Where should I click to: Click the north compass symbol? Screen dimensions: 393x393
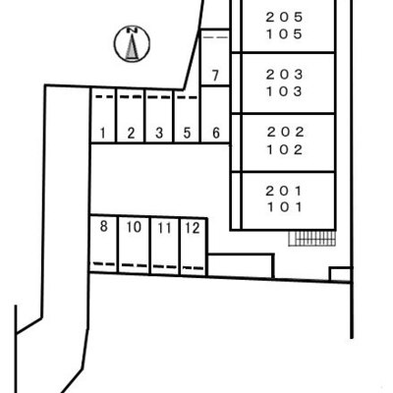pos(132,43)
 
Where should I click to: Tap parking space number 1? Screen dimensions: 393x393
pos(103,116)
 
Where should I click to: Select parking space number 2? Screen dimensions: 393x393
pos(131,116)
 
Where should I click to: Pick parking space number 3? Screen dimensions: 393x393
pos(159,116)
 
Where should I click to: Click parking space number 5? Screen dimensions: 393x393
pos(187,116)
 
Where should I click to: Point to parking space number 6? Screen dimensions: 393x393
pos(215,115)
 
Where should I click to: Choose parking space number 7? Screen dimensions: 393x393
pos(215,58)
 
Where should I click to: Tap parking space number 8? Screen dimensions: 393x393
pos(103,244)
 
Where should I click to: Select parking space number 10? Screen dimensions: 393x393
pos(134,245)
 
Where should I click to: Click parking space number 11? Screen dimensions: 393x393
pos(165,246)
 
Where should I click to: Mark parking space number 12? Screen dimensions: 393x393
pos(194,247)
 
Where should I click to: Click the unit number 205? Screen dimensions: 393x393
pos(284,17)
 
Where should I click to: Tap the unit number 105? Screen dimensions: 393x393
pos(284,34)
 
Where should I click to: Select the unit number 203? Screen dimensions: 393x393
pos(284,75)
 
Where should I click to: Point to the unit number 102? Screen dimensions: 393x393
pos(285,149)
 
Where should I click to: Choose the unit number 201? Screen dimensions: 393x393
pos(284,191)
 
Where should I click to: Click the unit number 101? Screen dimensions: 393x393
pos(284,207)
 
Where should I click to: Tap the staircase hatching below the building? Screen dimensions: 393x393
pos(312,238)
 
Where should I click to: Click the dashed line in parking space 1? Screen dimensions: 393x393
pos(104,96)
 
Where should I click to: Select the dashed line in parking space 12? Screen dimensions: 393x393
pos(193,268)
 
